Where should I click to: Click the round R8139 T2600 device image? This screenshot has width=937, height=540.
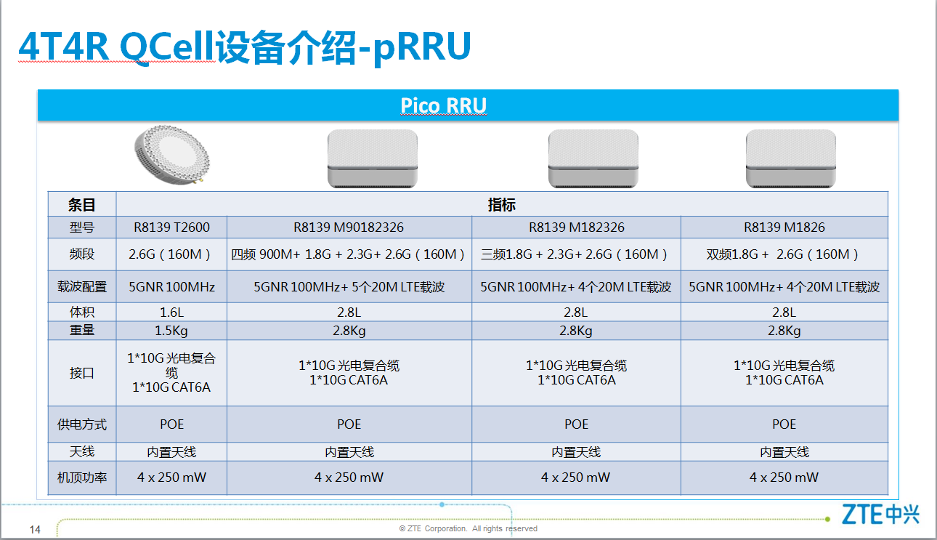coord(172,155)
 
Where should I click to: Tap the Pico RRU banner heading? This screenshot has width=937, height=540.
coord(443,105)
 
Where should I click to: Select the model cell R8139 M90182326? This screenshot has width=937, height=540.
coord(349,227)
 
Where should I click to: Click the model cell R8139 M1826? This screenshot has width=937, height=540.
coord(784,227)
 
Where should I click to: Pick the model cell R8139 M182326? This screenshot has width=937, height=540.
coord(577,227)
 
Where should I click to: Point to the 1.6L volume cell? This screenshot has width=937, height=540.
coord(171,313)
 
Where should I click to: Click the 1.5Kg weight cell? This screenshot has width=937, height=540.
coord(171,331)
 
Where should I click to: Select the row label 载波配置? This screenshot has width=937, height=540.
coord(82,287)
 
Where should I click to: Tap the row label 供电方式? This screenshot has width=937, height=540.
coord(82,424)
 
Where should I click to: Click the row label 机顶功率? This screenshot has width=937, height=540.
coord(82,477)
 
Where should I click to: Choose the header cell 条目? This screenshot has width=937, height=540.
coord(82,205)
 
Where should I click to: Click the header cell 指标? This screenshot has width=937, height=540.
coord(501,205)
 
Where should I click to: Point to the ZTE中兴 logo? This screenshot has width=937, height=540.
coord(880,514)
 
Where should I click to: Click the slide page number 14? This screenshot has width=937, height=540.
coord(35,530)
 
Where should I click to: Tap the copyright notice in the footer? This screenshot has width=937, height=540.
coord(468,528)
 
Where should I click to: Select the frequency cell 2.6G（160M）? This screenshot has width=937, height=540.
coord(171,254)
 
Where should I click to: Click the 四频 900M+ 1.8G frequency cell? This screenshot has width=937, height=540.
coord(349,254)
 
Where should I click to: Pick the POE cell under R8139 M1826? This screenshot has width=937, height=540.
coord(784,424)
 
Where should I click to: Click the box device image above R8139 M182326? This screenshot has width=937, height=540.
coord(593,158)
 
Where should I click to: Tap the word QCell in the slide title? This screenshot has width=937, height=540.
coord(167,47)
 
